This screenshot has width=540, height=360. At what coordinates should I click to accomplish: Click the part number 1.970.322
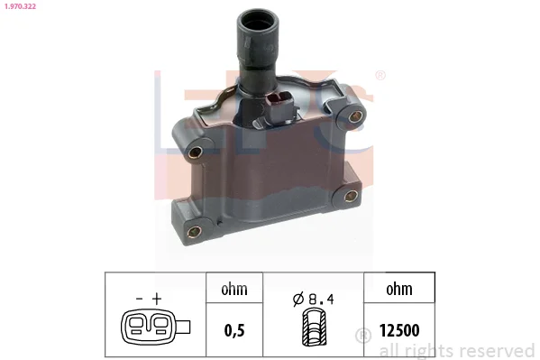click(21, 6)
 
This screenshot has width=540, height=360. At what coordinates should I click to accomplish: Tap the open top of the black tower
click(259, 22)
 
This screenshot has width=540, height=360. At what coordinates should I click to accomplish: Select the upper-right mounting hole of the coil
click(354, 116)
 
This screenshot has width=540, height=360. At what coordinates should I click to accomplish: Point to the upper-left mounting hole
click(196, 152)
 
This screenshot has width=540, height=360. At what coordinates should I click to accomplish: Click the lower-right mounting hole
click(351, 196)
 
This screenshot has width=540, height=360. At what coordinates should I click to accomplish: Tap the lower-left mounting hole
click(195, 231)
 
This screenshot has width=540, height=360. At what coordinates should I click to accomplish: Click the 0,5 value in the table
click(234, 330)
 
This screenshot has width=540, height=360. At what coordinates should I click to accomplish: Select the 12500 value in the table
click(399, 330)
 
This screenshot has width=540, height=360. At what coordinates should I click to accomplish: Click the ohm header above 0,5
click(234, 289)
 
